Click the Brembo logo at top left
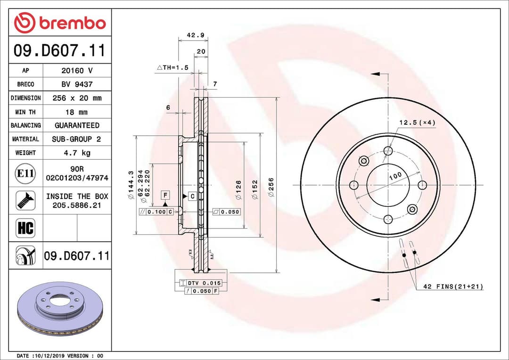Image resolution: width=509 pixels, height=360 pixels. click(x=60, y=23)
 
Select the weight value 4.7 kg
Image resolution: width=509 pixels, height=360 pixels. click(x=77, y=153)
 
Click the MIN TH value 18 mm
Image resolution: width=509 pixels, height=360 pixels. click(x=77, y=112)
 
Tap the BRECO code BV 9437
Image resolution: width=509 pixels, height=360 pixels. click(x=77, y=84)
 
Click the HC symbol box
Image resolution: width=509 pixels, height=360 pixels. click(x=25, y=229)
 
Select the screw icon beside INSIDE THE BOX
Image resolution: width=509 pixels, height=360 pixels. click(x=25, y=200)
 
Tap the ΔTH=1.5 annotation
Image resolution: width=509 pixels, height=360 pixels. click(x=172, y=68)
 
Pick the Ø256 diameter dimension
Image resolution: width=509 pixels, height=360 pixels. click(x=271, y=187)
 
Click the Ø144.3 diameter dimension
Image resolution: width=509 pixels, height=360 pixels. click(x=131, y=188)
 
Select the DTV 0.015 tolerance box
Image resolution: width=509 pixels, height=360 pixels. click(x=200, y=283)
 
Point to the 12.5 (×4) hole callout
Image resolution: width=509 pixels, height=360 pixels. click(x=417, y=123)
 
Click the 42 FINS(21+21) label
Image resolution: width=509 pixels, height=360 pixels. click(x=452, y=286)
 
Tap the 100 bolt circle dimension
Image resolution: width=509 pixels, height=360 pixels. click(x=395, y=176)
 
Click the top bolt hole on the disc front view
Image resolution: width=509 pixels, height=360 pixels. click(x=388, y=151)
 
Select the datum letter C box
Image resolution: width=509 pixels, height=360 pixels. click(x=192, y=196)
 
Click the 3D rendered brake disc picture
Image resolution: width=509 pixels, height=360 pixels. click(x=59, y=309)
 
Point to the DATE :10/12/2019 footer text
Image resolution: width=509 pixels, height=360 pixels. click(x=60, y=356)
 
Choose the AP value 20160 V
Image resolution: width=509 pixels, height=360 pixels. click(x=77, y=71)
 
